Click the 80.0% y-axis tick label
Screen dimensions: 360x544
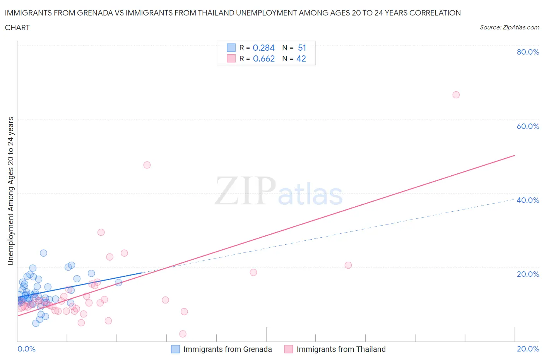click(528, 52)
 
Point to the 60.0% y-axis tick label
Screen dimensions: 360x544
click(528, 126)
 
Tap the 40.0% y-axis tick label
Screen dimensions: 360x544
click(528, 200)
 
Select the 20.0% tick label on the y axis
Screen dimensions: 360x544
click(528, 274)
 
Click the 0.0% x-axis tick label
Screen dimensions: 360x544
click(26, 349)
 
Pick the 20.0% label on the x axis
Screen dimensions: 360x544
click(528, 349)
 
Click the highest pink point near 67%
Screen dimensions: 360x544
click(456, 95)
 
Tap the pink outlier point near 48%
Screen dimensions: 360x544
click(147, 165)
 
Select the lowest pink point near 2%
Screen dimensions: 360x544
click(183, 334)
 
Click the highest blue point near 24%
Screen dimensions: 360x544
click(43, 253)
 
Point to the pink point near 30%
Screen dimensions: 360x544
click(101, 232)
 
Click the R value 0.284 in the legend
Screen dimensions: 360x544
click(263, 48)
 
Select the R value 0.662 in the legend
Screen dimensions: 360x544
click(263, 58)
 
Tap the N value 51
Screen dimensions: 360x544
click(302, 48)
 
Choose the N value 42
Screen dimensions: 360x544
click(301, 58)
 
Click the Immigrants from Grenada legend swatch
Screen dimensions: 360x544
click(175, 349)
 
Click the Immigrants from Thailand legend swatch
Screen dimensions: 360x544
click(288, 349)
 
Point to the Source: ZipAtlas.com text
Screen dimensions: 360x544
click(509, 27)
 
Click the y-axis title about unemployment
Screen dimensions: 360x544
click(10, 191)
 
